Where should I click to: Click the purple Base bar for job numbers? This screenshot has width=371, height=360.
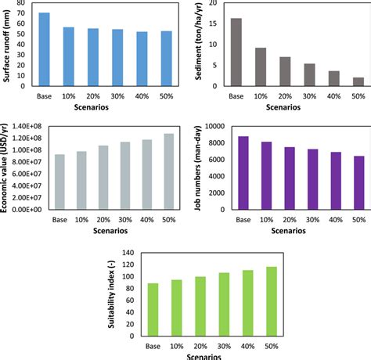point(244,173)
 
